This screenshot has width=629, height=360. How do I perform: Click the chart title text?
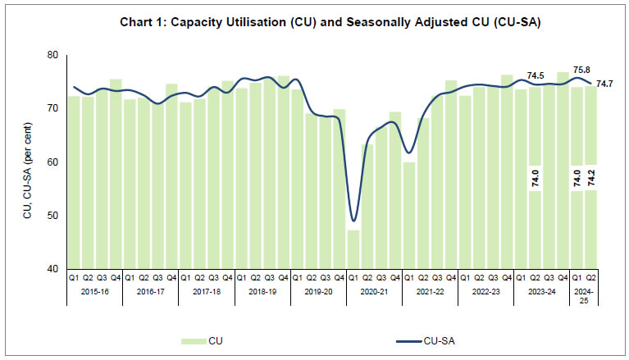(x=314, y=22)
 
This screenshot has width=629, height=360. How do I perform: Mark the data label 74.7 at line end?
(x=606, y=83)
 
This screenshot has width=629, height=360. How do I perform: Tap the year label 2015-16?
(x=95, y=291)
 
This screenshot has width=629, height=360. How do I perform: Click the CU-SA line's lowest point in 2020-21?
(x=353, y=221)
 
